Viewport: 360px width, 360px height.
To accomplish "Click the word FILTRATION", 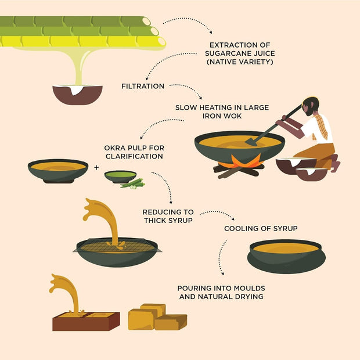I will tap(143, 86).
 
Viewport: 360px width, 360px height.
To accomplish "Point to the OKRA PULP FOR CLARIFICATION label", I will tap(134, 152).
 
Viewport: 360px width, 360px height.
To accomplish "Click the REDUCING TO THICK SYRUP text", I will tap(168, 216).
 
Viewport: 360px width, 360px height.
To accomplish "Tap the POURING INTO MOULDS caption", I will tap(221, 292).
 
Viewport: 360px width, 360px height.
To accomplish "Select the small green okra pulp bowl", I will tap(120, 175).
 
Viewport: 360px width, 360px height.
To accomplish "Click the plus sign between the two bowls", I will tap(96, 168).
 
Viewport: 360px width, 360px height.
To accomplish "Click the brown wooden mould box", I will tap(86, 321).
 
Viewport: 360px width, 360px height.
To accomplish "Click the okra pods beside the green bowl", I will tap(133, 184).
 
